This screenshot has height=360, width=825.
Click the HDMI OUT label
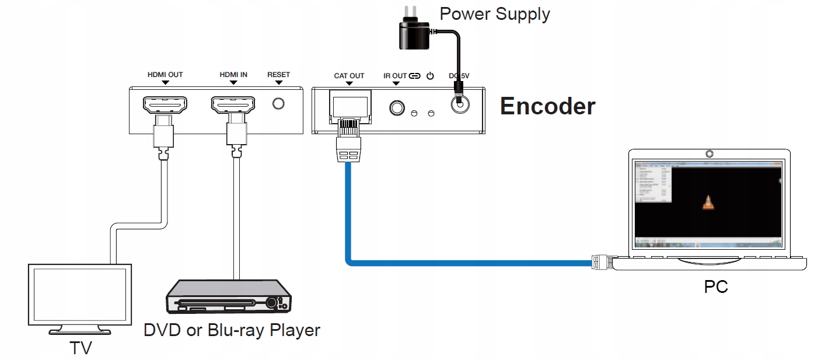165,75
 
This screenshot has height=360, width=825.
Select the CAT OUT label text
349,76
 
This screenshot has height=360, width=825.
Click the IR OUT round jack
397,108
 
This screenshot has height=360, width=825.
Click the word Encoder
547,106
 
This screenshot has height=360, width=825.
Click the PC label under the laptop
716,286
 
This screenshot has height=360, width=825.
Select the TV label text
81,348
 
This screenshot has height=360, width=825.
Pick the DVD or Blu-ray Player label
232,330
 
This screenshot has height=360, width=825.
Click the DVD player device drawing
229,296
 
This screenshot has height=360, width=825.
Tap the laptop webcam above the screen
709,154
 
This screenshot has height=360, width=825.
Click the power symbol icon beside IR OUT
431,76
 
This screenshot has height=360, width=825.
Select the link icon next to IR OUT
415,76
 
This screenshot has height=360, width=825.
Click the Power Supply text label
495,13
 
